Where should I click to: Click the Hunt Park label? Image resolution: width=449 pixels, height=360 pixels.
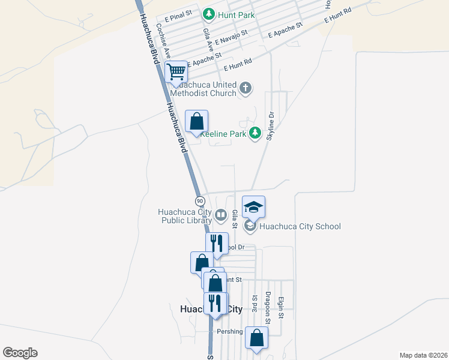click(237, 14)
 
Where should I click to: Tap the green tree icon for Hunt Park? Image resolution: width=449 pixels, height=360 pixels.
click(209, 13)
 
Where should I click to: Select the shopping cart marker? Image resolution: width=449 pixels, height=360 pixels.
click(176, 73)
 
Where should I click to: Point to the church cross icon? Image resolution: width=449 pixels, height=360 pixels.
click(245, 89)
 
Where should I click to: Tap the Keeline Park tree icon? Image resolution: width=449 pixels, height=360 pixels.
click(256, 133)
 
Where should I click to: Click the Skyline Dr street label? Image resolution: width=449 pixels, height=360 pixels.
click(271, 127)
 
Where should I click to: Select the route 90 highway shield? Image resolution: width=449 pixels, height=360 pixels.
click(200, 200)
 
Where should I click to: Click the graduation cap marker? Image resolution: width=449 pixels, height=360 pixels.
click(253, 208)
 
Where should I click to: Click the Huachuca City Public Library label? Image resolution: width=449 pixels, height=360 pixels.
click(184, 216)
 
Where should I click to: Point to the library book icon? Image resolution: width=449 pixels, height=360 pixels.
click(220, 215)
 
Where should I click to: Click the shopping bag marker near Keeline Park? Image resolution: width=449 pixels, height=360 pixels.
click(196, 122)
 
